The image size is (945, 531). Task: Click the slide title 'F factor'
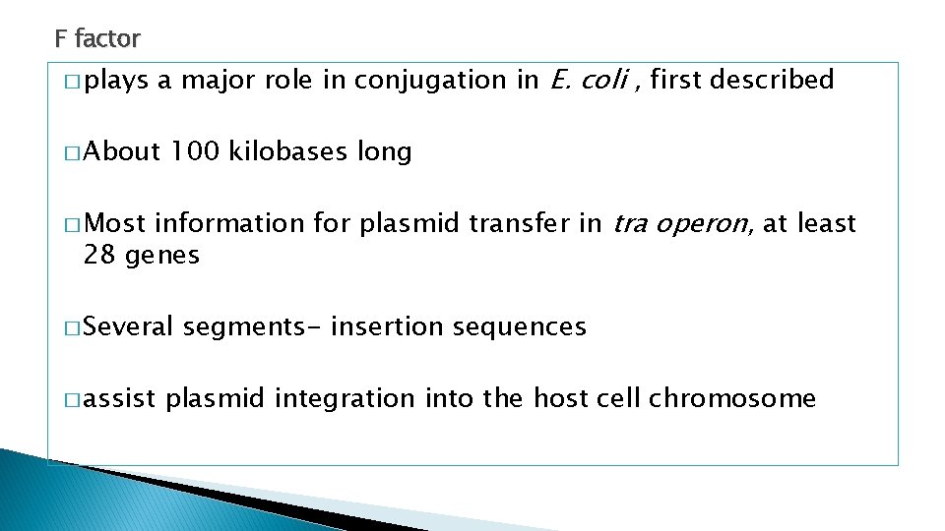point(97,39)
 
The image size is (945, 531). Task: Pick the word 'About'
point(123,152)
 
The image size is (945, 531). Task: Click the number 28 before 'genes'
point(99,256)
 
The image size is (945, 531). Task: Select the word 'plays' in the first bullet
point(114,81)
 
